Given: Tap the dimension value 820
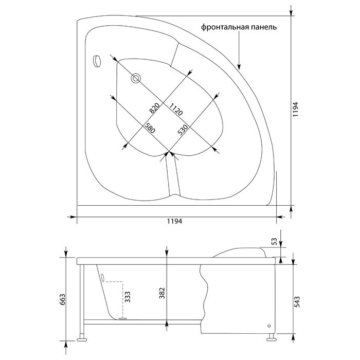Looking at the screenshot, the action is click(x=154, y=108).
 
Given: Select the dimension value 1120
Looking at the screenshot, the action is click(x=176, y=109).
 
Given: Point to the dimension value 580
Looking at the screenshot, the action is click(x=150, y=129).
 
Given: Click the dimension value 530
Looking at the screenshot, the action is click(x=183, y=130).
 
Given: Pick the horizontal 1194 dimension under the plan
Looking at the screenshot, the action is click(x=174, y=221).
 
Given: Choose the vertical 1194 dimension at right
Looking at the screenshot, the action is click(x=295, y=109).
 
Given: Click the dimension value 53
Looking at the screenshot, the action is click(x=274, y=242).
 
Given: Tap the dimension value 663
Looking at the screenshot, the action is click(x=62, y=299).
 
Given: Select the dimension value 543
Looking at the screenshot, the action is click(x=297, y=302).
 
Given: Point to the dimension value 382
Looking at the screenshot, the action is click(x=162, y=293).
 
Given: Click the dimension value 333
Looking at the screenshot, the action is click(x=127, y=297).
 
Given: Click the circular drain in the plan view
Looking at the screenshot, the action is click(x=136, y=78).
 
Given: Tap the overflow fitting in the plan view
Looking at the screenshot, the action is click(x=97, y=61).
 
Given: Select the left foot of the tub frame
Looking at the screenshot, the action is click(x=82, y=339).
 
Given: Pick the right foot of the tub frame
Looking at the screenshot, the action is click(x=271, y=338).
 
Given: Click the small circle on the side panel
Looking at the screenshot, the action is click(x=269, y=326).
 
